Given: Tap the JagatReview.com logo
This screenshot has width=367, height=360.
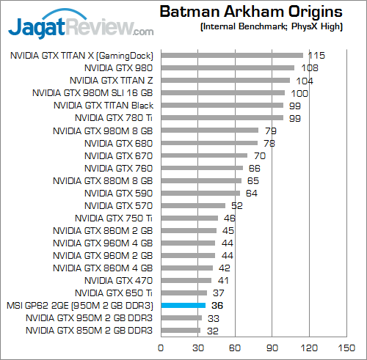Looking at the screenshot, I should point(81,27).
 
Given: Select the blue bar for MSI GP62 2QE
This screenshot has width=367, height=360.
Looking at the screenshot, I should point(183,305).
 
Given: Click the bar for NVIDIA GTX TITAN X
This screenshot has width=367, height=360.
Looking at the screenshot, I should point(232,55).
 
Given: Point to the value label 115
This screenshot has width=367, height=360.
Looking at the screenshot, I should point(317,55).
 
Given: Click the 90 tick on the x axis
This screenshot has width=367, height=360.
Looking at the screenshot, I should point(272,347).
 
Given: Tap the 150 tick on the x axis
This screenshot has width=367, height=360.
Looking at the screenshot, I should point(346,347).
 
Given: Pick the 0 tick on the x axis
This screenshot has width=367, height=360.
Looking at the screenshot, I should point(161,347).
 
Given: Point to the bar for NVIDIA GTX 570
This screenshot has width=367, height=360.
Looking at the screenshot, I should point(193,205).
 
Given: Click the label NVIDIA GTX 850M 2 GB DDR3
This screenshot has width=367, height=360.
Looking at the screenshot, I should point(89,331).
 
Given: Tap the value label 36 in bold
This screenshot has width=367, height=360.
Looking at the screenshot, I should point(217,305).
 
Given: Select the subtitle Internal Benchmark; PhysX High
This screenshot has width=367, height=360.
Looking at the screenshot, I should point(271,27).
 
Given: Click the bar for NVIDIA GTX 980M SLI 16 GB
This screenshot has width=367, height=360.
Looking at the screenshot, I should point(222,92).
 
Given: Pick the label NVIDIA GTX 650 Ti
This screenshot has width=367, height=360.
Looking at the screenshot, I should point(114,293).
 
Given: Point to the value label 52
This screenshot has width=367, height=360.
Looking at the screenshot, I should point(236,205).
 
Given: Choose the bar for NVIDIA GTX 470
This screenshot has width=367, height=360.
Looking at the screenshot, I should point(186,280).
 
